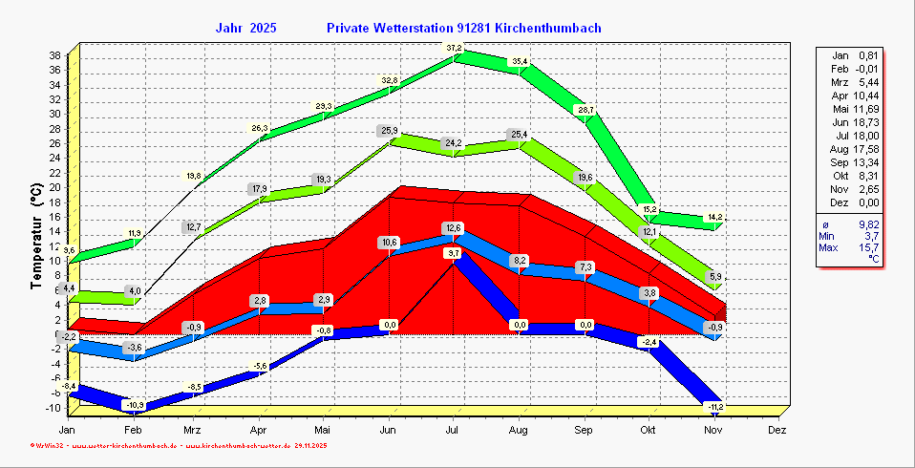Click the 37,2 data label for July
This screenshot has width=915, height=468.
tap(454, 48)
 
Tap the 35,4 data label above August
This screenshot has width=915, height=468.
tap(520, 62)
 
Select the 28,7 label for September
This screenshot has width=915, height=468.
tap(585, 111)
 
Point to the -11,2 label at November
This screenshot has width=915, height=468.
tap(715, 408)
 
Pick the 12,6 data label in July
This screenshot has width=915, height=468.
tap(454, 227)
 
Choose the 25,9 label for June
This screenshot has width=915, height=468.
tap(389, 131)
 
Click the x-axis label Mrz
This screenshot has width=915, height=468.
tap(195, 431)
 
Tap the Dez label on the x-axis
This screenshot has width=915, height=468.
tap(777, 431)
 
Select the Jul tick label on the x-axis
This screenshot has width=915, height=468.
tap(454, 431)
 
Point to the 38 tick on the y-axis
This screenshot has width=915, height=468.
tap(55, 54)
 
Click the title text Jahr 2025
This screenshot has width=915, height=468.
tap(246, 29)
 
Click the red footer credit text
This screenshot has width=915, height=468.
tap(181, 445)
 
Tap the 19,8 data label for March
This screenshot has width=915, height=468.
tap(193, 176)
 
